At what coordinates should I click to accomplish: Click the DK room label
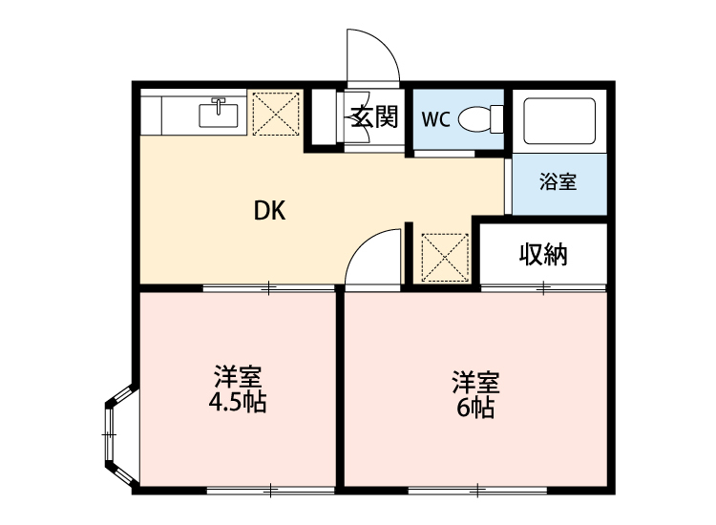pos(270,211)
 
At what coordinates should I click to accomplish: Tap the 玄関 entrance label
pos(373,118)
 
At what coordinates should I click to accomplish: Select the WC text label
pos(435,119)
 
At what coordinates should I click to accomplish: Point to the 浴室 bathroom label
pos(558,181)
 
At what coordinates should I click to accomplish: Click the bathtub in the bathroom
pos(559,120)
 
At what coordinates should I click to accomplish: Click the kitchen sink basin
pos(220,115)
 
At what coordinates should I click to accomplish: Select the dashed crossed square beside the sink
pos(277,115)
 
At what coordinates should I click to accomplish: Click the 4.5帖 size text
pos(238,402)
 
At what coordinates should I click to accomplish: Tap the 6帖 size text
pos(474,409)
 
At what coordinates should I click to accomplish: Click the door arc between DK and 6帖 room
pos(373,257)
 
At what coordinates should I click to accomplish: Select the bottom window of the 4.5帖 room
pos(269,491)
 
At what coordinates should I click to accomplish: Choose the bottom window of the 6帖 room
pos(474,491)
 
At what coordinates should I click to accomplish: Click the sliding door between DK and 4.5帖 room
pos(268,287)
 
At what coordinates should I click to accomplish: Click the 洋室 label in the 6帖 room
pos(474,383)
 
